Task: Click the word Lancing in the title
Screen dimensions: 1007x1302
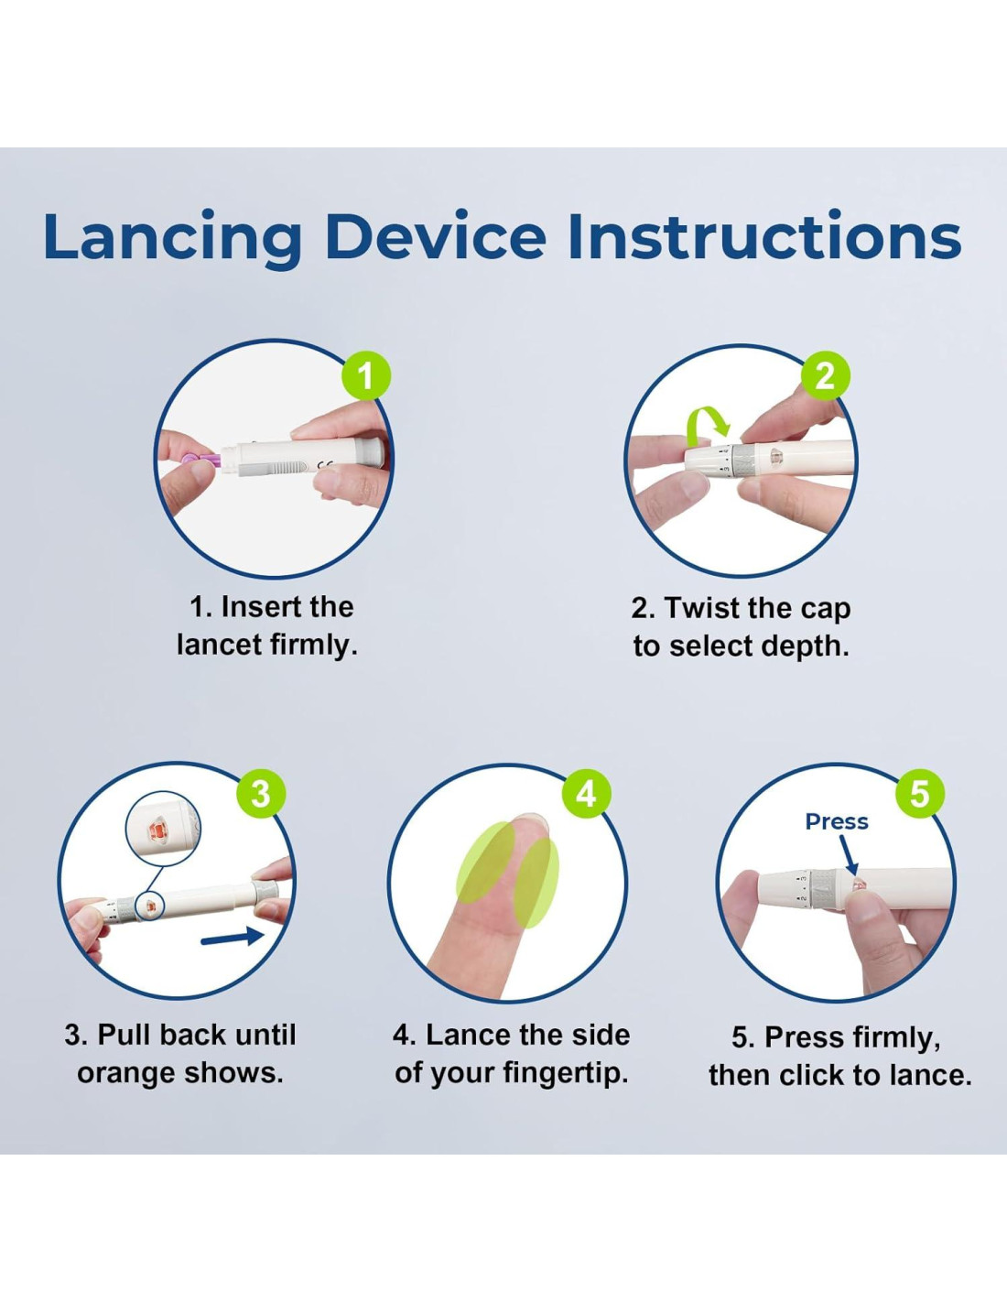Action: click(173, 238)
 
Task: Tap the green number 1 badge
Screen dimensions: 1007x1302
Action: click(366, 376)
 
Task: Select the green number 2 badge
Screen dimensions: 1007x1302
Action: click(826, 376)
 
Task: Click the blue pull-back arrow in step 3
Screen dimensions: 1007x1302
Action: click(233, 939)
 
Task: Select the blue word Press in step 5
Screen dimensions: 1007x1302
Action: click(837, 821)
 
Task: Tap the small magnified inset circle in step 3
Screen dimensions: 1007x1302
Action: click(163, 831)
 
